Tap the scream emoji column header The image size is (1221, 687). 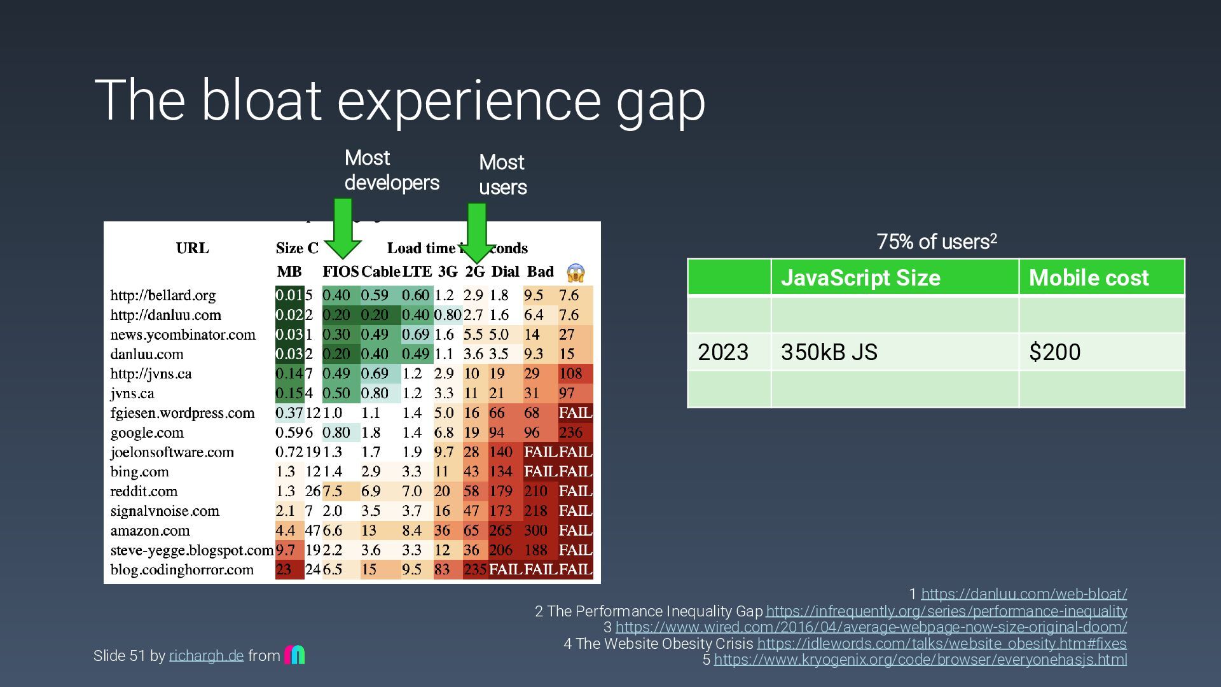click(575, 273)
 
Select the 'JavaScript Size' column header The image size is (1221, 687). click(860, 278)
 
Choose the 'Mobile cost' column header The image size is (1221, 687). click(1089, 278)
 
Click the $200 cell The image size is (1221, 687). click(1055, 352)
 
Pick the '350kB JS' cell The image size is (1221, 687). click(829, 352)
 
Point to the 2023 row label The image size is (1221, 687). click(723, 352)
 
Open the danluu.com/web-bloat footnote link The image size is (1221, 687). click(1024, 594)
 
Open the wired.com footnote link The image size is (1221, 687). click(871, 627)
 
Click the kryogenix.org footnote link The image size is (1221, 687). click(920, 660)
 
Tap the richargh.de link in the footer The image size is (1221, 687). click(207, 656)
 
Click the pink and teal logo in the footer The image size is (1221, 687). click(294, 655)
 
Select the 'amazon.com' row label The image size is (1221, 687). click(150, 531)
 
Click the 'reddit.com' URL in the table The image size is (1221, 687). click(144, 491)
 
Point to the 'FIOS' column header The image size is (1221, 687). click(340, 272)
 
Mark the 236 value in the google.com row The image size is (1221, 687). click(571, 433)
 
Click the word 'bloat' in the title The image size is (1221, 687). click(261, 100)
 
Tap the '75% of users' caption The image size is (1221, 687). click(936, 242)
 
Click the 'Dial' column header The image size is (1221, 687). click(506, 272)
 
